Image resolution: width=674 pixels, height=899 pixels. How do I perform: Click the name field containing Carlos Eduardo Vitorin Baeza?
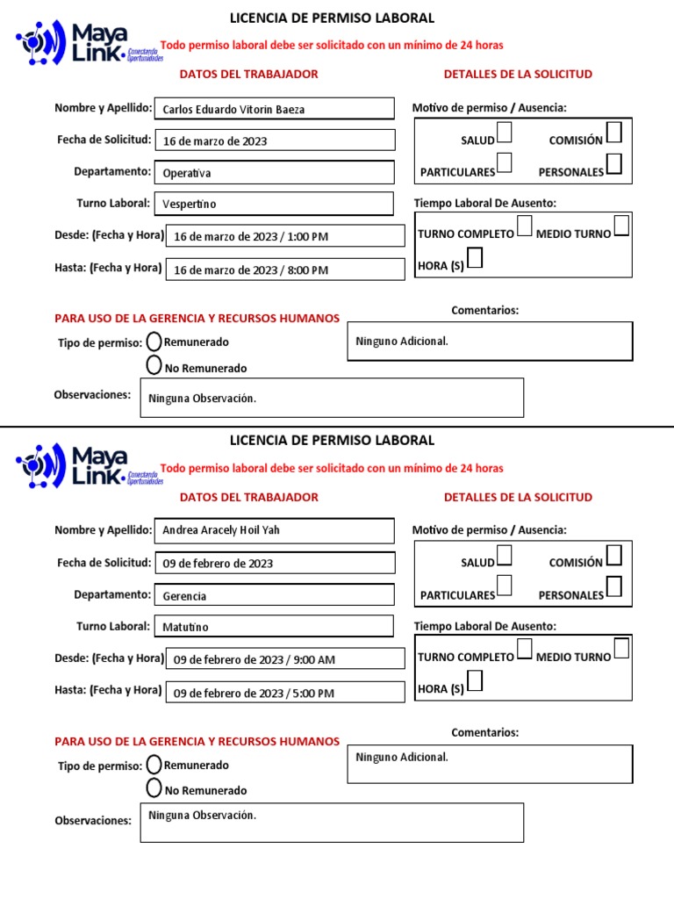274,109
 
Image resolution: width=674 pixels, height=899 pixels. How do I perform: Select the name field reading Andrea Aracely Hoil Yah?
274,530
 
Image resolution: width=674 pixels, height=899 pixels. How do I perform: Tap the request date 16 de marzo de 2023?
274,140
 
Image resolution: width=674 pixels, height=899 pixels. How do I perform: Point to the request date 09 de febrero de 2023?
274,563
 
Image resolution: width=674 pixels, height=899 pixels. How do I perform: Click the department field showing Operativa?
274,173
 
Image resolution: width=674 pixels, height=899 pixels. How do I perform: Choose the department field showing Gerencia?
274,595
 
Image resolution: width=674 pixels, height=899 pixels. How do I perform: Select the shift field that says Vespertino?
274,204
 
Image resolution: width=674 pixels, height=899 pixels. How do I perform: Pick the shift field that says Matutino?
274,627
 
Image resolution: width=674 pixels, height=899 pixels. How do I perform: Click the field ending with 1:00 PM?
285,236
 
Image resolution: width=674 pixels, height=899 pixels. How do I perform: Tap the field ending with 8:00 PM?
285,270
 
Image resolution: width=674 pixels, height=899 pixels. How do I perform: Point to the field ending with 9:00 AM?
285,659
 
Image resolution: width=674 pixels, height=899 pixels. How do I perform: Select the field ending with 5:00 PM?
285,693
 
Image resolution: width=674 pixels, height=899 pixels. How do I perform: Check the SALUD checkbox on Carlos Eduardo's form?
505,133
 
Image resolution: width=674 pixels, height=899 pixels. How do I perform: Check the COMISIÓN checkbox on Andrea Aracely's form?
614,555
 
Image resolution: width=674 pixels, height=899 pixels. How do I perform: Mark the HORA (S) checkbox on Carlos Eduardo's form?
474,258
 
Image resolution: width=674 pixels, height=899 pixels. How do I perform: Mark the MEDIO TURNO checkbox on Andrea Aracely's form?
621,649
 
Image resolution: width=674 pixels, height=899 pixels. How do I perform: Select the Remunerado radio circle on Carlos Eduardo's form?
154,341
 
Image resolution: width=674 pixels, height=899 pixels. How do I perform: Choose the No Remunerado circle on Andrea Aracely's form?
154,788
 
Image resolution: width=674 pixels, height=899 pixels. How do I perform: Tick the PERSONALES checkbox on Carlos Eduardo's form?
614,164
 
